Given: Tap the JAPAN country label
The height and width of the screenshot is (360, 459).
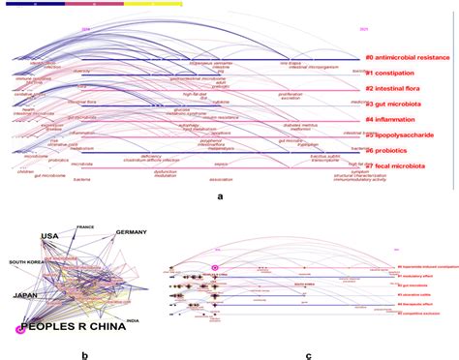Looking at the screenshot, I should pos(24,268).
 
